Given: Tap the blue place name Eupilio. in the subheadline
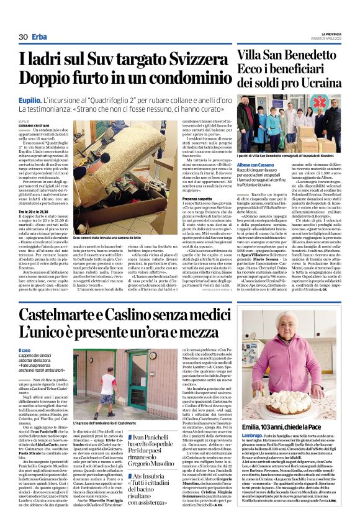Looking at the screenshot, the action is pos(30,99).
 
